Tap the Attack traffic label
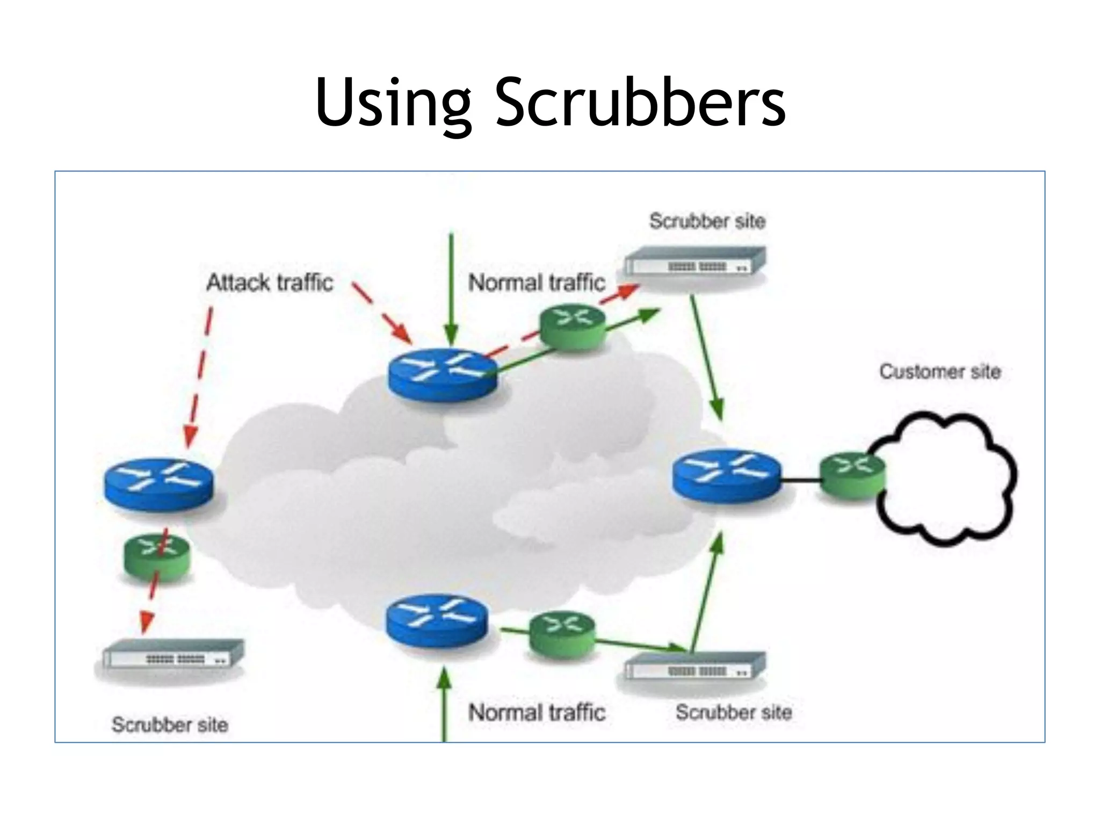click(x=270, y=282)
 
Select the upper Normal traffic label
click(x=536, y=282)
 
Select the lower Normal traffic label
click(x=536, y=713)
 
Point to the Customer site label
click(x=939, y=372)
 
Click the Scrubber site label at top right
click(x=707, y=221)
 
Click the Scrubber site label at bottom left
click(x=170, y=725)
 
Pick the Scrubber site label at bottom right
click(x=733, y=713)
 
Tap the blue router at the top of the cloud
click(x=443, y=374)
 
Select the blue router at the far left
click(x=158, y=484)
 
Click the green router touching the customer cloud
click(x=851, y=476)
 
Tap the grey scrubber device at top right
click(x=695, y=262)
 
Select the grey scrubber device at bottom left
click(x=173, y=654)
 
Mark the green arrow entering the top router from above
click(x=451, y=290)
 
